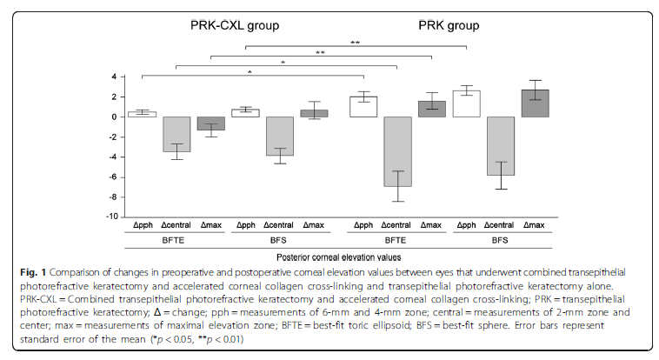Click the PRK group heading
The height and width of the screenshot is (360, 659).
click(428, 25)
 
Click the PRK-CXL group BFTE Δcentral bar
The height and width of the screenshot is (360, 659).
click(176, 134)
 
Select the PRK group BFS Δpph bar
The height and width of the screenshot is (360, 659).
click(467, 103)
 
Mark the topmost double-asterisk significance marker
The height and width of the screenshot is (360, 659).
click(355, 42)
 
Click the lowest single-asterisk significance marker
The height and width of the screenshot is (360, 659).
click(250, 72)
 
